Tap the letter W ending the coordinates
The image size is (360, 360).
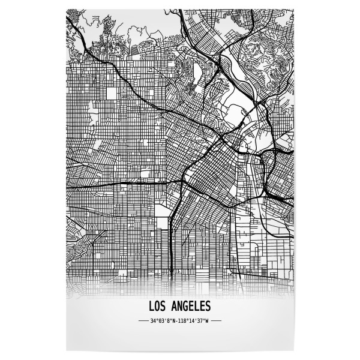tap(206, 321)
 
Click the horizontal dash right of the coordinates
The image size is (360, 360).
tap(216, 321)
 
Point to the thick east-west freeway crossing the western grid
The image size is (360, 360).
tap(120, 181)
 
